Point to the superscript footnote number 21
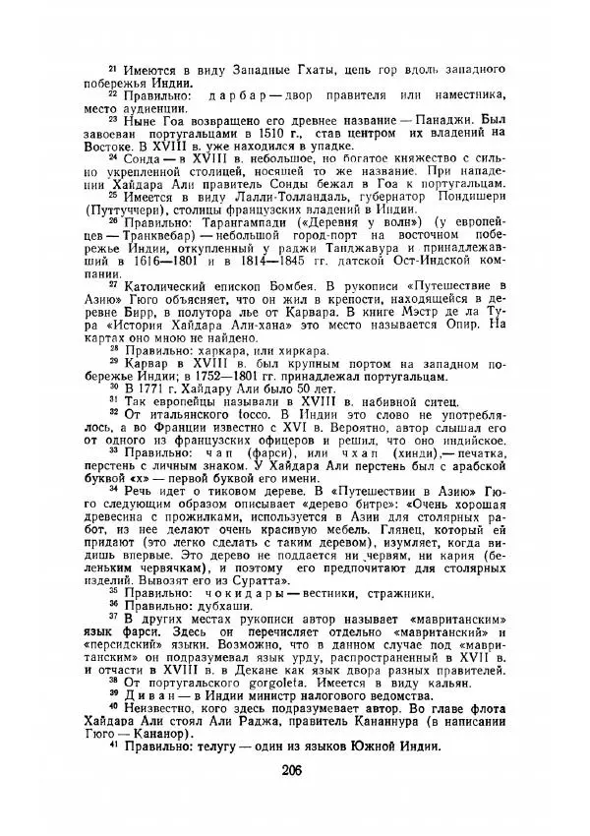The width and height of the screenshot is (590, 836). pyautogui.click(x=112, y=66)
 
